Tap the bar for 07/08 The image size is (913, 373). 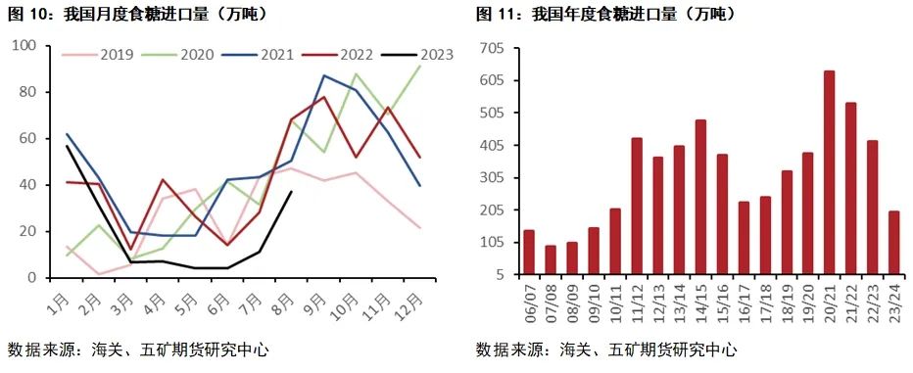[x=551, y=259]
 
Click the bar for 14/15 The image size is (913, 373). [x=700, y=197]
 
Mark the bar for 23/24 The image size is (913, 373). [x=893, y=243]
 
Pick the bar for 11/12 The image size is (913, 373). [x=637, y=206]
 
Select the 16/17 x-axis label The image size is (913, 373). [x=744, y=301]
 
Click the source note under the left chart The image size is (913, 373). [x=137, y=350]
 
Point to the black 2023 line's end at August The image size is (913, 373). [x=291, y=192]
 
